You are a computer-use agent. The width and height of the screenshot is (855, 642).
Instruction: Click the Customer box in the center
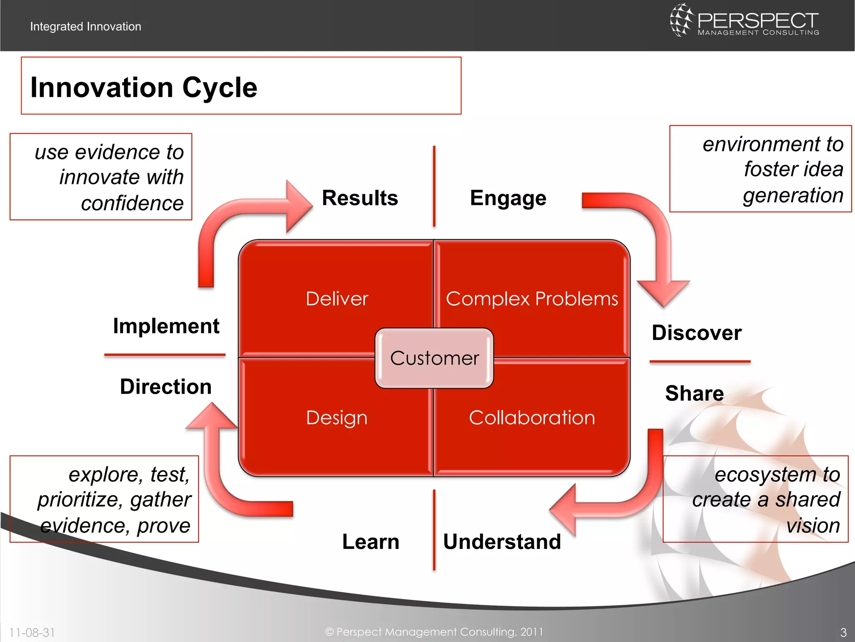tap(434, 358)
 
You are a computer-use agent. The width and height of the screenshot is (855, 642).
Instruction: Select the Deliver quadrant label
tap(337, 299)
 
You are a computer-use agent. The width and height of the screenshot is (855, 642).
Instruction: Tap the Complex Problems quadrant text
tap(531, 299)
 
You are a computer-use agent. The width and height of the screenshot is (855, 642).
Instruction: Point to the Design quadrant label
tap(336, 418)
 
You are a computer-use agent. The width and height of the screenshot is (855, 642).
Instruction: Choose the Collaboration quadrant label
tap(531, 418)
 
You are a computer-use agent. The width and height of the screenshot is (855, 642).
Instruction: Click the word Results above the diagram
tap(360, 198)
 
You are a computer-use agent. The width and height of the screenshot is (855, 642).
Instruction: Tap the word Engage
tap(508, 198)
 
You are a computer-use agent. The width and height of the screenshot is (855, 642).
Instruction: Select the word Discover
tap(696, 333)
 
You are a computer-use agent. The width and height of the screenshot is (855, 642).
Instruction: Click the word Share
tap(694, 393)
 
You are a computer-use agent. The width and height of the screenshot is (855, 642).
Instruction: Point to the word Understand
tap(502, 542)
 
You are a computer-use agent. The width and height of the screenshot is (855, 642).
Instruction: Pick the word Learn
tap(371, 542)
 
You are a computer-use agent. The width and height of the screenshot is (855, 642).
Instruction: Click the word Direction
tap(166, 387)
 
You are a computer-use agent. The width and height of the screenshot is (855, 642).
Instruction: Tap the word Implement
tap(166, 326)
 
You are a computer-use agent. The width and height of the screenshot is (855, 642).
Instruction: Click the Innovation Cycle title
tap(144, 87)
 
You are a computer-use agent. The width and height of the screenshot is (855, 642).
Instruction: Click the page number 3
tap(843, 632)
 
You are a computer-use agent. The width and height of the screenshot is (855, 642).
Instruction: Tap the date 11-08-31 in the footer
tap(32, 632)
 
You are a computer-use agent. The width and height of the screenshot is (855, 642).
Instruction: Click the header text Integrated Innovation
tap(86, 26)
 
